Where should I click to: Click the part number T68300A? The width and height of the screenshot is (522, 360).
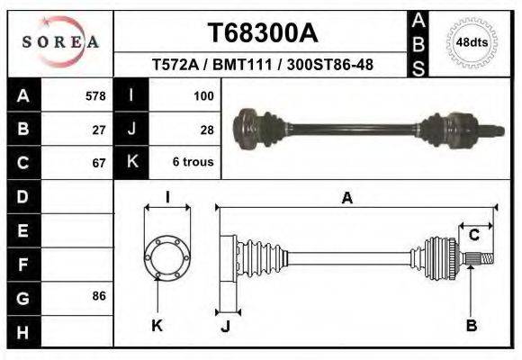(x=263, y=33)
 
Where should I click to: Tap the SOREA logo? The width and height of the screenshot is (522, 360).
(x=60, y=42)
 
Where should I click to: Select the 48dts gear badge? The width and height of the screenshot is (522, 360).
(x=472, y=42)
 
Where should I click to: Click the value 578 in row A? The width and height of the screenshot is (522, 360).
(x=94, y=95)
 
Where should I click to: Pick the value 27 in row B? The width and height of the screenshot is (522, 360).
(x=99, y=129)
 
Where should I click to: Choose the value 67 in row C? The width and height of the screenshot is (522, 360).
(x=99, y=163)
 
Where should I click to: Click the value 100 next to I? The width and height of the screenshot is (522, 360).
(x=202, y=95)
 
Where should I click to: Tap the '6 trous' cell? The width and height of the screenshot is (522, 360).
(x=193, y=163)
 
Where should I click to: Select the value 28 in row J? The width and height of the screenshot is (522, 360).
(x=206, y=129)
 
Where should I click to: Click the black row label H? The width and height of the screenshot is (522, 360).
(x=22, y=331)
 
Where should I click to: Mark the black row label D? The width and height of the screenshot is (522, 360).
(x=22, y=196)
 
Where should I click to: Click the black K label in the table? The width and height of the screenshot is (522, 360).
(x=131, y=163)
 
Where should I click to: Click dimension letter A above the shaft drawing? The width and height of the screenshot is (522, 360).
(x=346, y=199)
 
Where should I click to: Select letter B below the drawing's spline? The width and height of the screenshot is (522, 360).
(x=471, y=326)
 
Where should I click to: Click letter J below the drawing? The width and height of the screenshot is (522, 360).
(x=225, y=326)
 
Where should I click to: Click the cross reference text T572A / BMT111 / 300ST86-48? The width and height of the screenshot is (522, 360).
(x=263, y=65)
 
